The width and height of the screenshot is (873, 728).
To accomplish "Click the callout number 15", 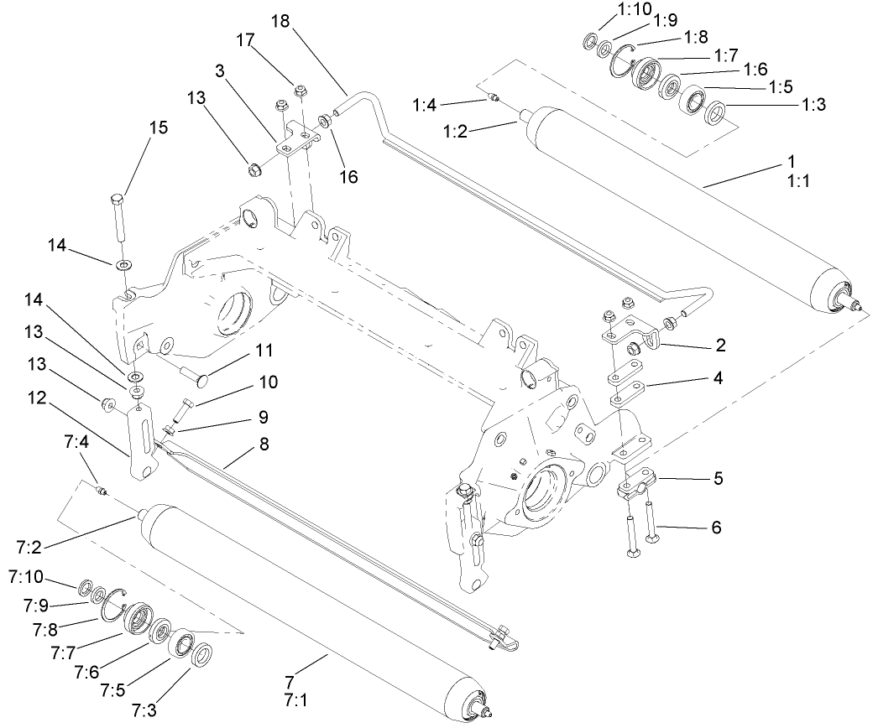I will [158, 128].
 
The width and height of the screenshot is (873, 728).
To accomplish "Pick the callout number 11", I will [264, 349].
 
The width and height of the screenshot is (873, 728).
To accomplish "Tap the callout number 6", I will [715, 528].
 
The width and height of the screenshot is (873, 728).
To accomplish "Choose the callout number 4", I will [715, 378].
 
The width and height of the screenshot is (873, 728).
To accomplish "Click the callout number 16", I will [348, 177].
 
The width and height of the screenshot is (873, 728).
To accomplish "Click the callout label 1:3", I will [814, 105].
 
